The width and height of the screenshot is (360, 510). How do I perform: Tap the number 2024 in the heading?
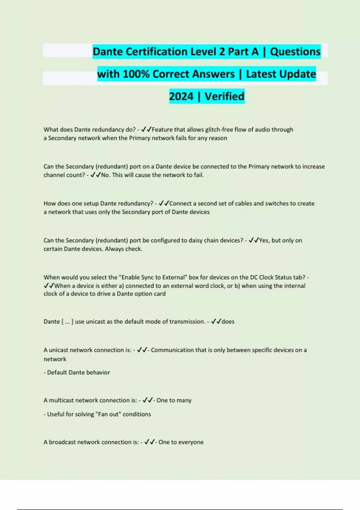pyautogui.click(x=181, y=96)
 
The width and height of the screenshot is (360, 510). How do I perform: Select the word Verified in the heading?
pyautogui.click(x=224, y=96)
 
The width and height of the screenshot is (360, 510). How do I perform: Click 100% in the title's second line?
pyautogui.click(x=136, y=74)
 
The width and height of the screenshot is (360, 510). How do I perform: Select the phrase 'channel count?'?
pyautogui.click(x=64, y=175)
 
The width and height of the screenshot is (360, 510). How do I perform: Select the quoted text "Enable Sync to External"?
pyautogui.click(x=153, y=277)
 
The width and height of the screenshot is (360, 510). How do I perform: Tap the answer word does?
pyautogui.click(x=228, y=322)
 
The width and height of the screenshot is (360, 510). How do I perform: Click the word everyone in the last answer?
pyautogui.click(x=191, y=442)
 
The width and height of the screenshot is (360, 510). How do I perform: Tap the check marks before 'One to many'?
pyautogui.click(x=148, y=400)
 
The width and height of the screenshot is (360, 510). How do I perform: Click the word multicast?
pyautogui.click(x=61, y=400)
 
